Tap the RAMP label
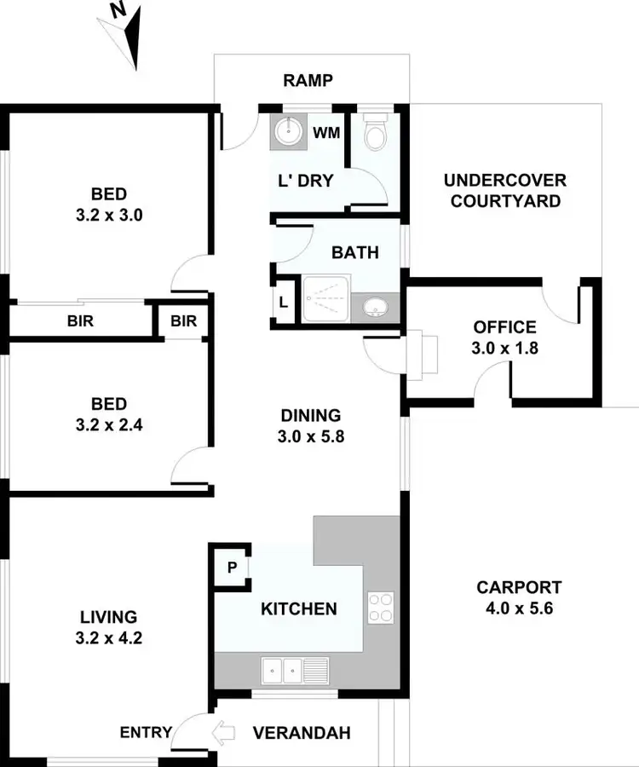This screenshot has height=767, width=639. tap(307, 81)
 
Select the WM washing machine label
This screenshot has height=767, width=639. tap(325, 133)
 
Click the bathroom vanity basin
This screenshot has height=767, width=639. tap(375, 307)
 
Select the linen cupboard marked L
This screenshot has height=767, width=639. tap(283, 303)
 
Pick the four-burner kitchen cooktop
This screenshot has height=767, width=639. tap(381, 606)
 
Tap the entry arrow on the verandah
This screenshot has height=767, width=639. tap(224, 731)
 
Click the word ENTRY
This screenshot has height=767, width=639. tap(146, 732)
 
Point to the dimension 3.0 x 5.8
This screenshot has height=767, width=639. tap(311, 437)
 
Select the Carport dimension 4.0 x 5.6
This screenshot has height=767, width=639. tap(519, 608)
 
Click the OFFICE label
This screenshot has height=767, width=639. tap(505, 327)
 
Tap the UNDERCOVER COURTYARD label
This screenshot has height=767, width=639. tap(505, 191)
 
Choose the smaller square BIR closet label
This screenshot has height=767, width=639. tap(183, 321)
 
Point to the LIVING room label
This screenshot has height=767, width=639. tap(108, 616)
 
